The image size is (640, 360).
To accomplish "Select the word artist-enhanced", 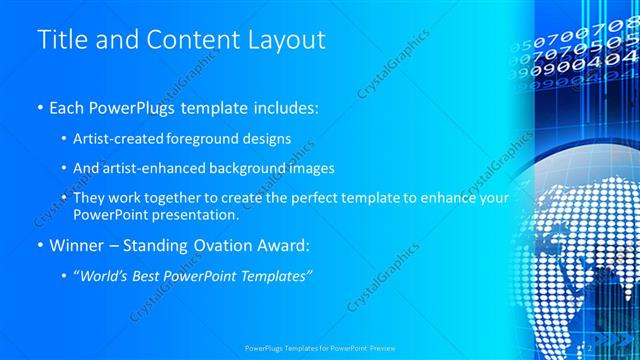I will [x=156, y=168].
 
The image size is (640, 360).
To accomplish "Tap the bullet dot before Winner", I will [x=39, y=247].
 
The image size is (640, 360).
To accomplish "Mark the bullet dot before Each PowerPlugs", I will [x=39, y=106].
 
